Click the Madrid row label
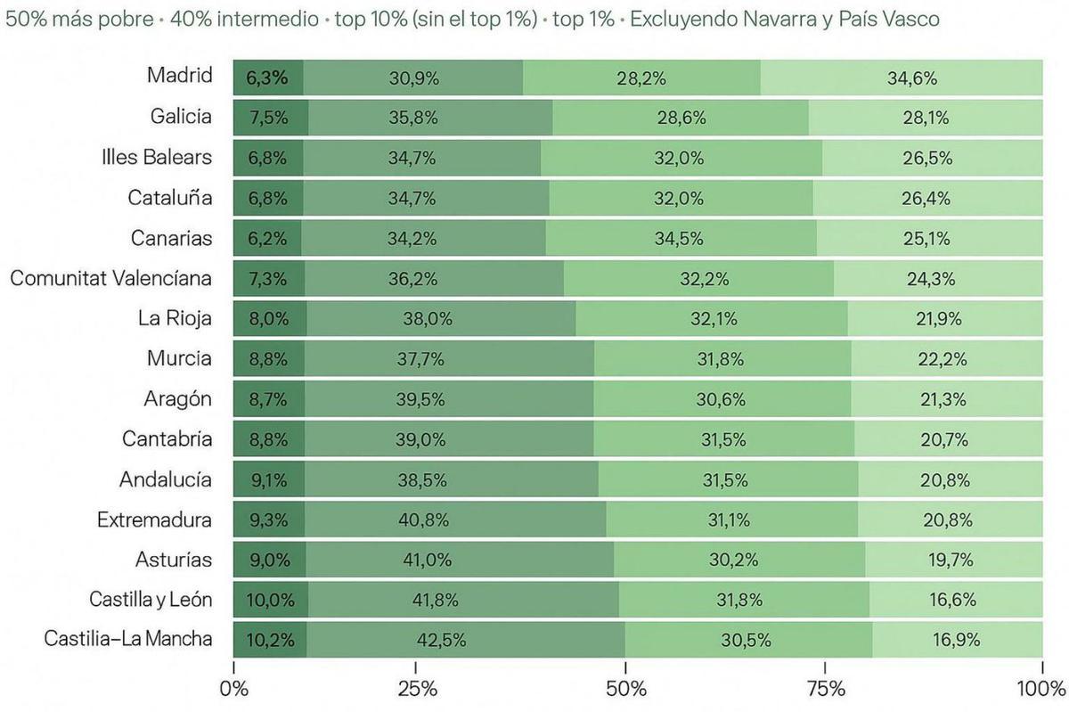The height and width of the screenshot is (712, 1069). (180, 76)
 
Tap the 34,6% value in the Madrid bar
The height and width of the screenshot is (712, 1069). (911, 78)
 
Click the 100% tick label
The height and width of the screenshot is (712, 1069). (1041, 689)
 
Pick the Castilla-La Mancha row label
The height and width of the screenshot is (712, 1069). (128, 639)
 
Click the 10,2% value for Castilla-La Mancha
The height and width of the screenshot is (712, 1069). (269, 640)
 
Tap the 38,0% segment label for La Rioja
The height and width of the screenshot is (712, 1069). (430, 319)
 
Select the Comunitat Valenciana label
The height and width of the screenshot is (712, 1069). (111, 278)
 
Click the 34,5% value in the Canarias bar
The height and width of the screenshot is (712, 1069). (679, 239)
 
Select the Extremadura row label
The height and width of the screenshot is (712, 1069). (155, 519)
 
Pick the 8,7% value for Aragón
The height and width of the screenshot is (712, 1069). (267, 399)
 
